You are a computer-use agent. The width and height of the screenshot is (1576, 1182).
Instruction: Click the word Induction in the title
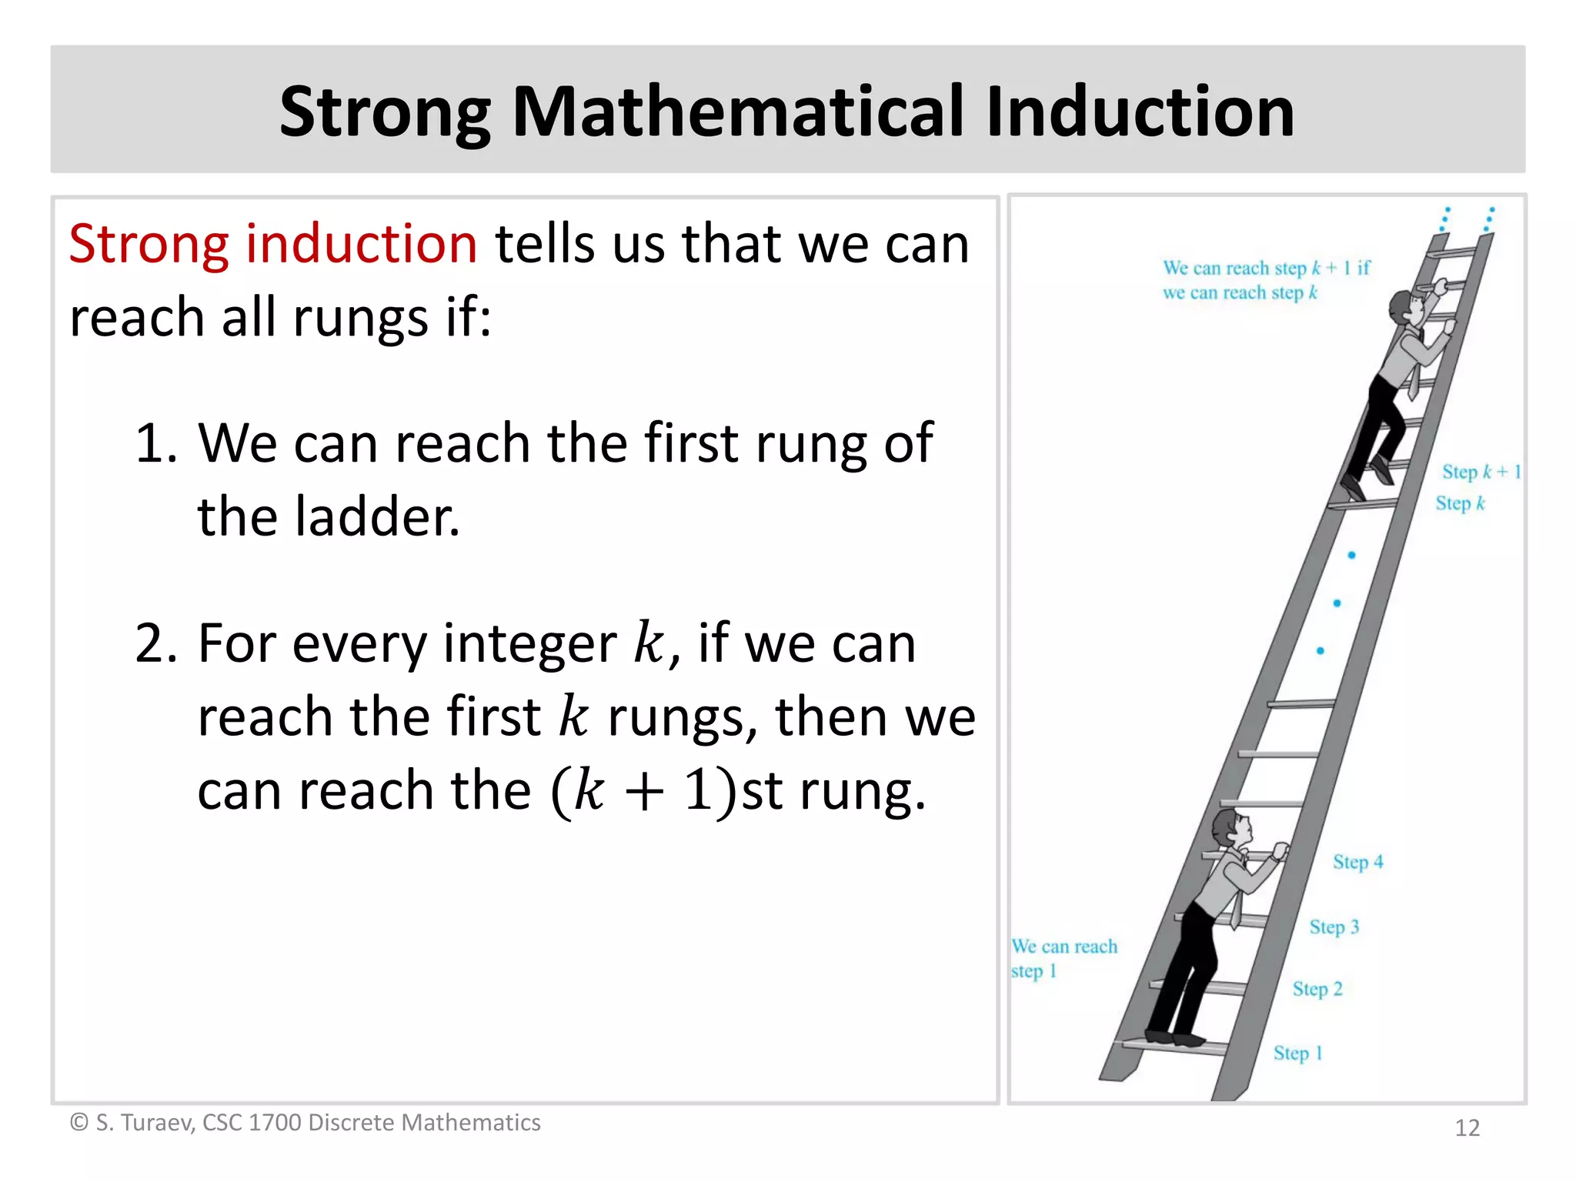(1140, 112)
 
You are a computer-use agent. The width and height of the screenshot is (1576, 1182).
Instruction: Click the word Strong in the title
(385, 112)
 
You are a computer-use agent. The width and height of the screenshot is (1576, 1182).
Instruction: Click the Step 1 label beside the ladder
(1297, 1053)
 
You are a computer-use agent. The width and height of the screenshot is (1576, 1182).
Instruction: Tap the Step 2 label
(1317, 989)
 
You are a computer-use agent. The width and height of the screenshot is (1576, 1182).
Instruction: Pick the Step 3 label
(1334, 927)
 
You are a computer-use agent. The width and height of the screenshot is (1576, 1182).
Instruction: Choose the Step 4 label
(1357, 862)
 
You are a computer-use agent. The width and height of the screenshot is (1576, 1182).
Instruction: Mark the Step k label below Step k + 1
(1459, 503)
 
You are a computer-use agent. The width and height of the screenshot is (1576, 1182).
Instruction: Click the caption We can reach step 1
(1063, 958)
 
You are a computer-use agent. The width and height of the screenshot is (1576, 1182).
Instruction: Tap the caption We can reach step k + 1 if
(1266, 269)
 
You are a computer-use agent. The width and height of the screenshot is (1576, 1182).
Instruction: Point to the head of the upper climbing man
(1407, 306)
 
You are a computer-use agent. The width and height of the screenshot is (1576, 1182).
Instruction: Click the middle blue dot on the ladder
(1337, 603)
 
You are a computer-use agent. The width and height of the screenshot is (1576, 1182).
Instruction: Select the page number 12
(1467, 1128)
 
